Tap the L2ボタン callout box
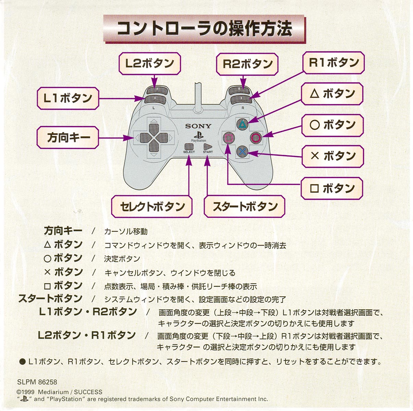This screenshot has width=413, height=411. [x=149, y=64]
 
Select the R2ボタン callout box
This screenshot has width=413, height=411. [x=247, y=64]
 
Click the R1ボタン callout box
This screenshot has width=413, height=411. [x=334, y=63]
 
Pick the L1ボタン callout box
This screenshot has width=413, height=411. [x=68, y=98]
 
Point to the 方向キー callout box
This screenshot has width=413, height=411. [x=68, y=138]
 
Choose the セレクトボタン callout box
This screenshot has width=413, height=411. [x=152, y=207]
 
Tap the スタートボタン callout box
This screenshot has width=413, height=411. [x=244, y=207]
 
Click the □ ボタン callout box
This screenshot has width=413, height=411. [x=332, y=188]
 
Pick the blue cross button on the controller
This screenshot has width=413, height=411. [x=242, y=151]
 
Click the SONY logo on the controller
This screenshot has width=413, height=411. [x=198, y=126]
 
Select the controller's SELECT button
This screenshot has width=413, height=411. [x=189, y=147]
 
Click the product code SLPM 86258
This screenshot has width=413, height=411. [x=37, y=382]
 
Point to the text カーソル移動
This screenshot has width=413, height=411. [x=126, y=232]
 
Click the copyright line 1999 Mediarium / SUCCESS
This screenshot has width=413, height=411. [x=60, y=392]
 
